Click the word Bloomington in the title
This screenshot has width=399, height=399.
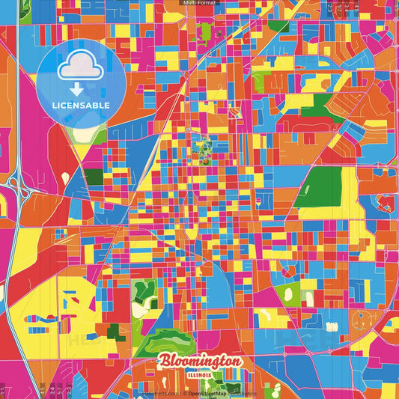[200, 362]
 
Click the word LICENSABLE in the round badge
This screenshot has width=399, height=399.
[82, 104]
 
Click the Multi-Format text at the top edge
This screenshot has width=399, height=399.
[199, 3]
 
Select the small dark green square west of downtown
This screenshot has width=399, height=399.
[94, 177]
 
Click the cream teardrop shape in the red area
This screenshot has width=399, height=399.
[65, 178]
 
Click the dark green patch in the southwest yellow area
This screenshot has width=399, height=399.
[112, 331]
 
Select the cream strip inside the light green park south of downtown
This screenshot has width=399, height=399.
[138, 308]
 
